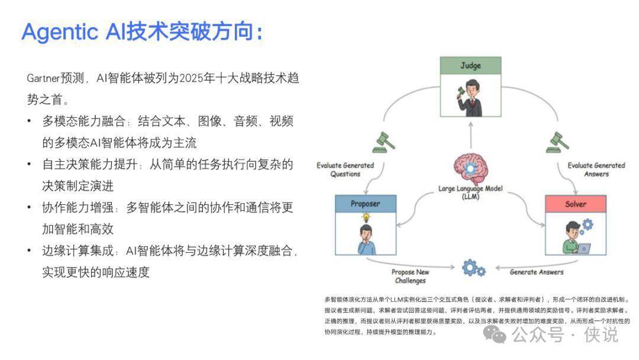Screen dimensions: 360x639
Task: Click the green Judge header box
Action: coord(471,66)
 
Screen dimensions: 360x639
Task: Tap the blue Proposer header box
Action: coord(365,204)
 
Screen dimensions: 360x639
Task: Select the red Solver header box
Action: coord(576,204)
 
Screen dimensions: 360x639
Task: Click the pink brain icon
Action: coord(471,168)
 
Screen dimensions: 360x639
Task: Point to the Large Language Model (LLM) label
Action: coord(471,192)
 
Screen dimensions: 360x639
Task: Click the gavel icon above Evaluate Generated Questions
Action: coord(383,142)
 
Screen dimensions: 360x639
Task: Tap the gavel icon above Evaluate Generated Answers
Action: coord(558,142)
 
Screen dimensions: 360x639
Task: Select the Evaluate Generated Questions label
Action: coord(346,169)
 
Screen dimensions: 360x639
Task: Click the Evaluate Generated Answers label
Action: coord(596,169)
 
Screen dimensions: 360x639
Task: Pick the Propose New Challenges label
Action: coord(409,276)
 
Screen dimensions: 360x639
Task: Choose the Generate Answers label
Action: coord(537,272)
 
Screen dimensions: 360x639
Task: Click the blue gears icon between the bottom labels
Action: coord(473,269)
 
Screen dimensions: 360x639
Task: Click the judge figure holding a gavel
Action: coord(471,98)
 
